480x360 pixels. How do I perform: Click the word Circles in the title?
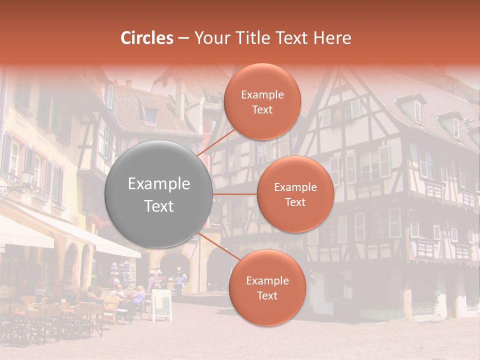(147, 38)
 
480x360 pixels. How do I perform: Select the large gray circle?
(159, 194)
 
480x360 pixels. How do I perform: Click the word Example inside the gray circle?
(159, 184)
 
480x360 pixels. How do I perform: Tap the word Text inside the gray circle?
(159, 206)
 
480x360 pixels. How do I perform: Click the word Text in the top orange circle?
(262, 109)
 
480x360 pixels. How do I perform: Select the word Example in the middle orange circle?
(295, 187)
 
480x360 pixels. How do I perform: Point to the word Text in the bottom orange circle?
(267, 295)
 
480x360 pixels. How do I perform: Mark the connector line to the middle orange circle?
(235, 194)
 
